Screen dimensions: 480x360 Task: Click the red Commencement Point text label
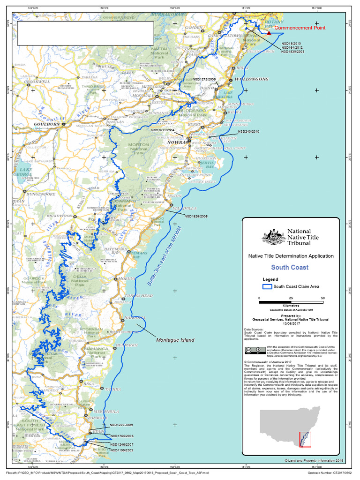[300, 28]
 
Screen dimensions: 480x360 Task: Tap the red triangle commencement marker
[269, 33]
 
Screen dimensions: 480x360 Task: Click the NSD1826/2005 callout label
[195, 217]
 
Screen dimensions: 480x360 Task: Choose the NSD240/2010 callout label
[248, 132]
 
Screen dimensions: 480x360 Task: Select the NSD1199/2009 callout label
[122, 450]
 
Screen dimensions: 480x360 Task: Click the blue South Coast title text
[290, 267]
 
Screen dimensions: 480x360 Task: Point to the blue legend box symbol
[267, 286]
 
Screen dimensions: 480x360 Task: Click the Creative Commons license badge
[254, 351]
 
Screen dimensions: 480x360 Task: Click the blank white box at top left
[85, 33]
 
